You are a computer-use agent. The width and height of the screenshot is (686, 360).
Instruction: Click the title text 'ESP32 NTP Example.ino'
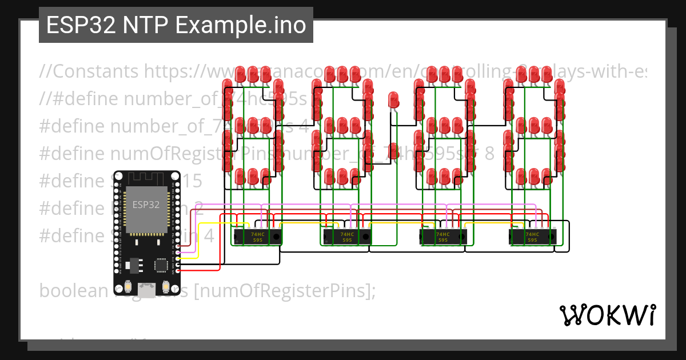click(x=176, y=26)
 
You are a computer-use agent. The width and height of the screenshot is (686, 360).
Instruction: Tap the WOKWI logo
click(x=607, y=315)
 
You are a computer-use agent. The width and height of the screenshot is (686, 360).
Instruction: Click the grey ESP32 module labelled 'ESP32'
click(x=146, y=209)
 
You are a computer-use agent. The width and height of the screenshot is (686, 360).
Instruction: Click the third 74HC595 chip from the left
click(x=442, y=237)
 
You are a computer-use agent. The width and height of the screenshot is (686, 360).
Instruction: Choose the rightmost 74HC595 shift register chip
click(x=532, y=237)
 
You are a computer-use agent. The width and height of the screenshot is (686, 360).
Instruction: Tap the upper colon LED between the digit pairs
click(x=393, y=100)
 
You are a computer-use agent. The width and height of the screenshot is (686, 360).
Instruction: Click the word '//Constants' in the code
click(x=89, y=71)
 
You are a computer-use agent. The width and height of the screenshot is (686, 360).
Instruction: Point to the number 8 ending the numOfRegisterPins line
click(x=489, y=154)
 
